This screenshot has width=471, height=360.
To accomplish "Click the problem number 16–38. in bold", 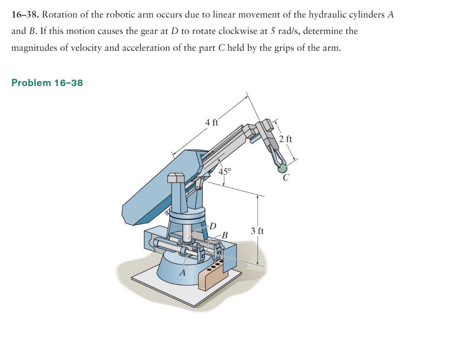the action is coord(25,15).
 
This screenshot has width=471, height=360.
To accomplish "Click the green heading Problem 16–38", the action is coord(47,83).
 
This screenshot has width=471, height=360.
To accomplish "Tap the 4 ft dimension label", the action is coord(211,122).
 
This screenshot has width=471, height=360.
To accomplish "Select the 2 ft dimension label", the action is coord(285,139).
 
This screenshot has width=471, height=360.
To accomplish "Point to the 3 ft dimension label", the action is coord(257,231).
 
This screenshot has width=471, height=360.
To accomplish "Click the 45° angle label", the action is coord(225,172).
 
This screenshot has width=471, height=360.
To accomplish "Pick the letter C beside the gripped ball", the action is coord(286,177).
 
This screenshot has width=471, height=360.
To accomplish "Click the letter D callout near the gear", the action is coord(213,226).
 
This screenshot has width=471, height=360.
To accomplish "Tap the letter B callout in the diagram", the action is coord(225,235).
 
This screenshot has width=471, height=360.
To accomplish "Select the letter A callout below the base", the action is coord(182,273).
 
